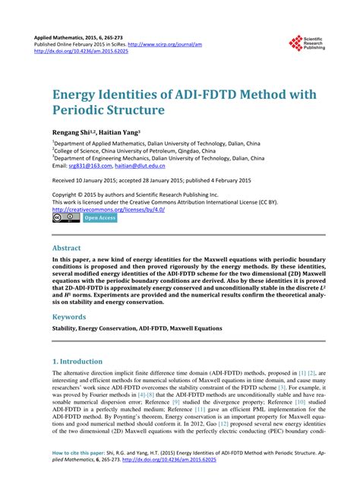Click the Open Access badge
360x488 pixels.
[x=100, y=217]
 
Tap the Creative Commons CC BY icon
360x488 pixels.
[x=65, y=217]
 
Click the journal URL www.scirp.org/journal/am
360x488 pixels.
[x=177, y=44]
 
